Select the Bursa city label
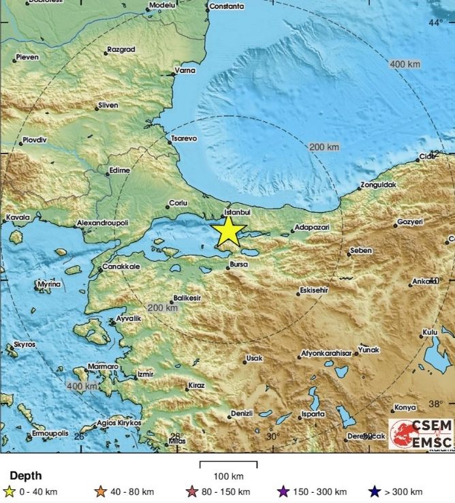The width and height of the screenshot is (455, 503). point(238,261)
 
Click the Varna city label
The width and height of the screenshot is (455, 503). point(185,70)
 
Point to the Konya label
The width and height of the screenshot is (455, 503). point(405,408)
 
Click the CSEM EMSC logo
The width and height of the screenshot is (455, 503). point(420,433)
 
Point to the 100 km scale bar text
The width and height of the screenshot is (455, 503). point(228,476)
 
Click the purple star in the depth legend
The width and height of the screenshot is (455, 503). point(283,491)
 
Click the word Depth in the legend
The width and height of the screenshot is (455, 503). point(25,476)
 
